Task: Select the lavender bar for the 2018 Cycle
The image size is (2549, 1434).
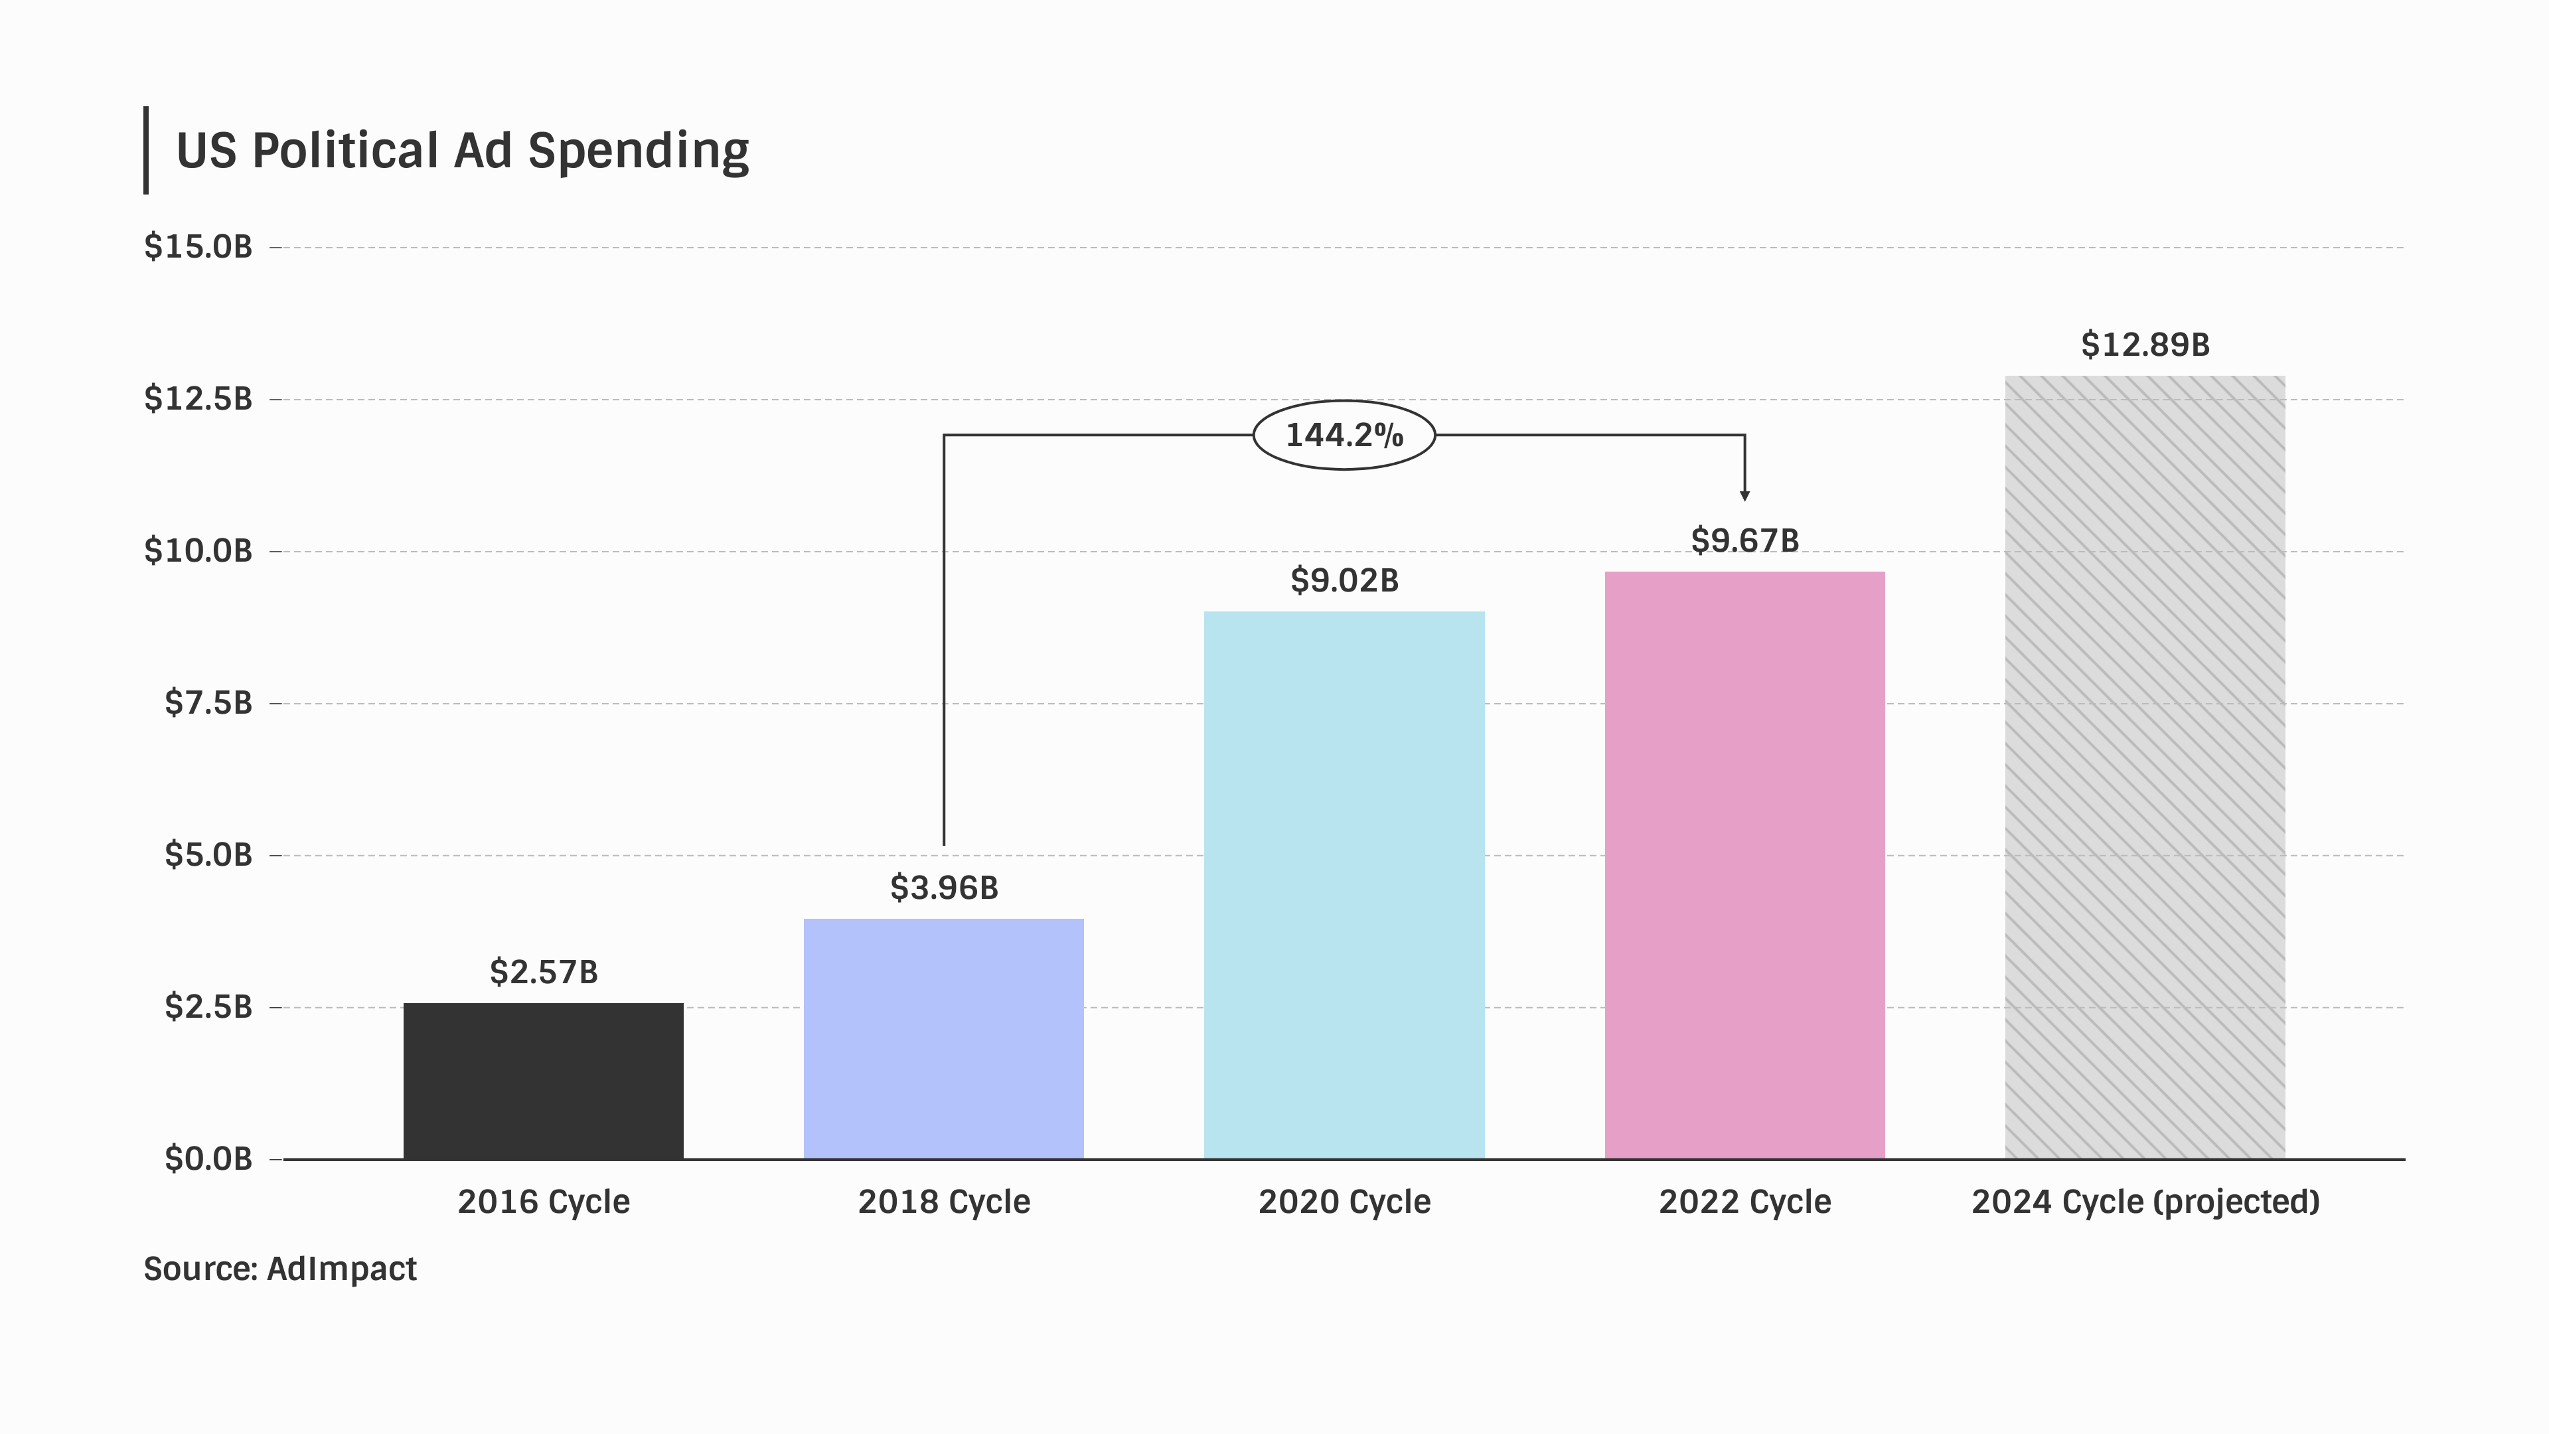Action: (943, 1038)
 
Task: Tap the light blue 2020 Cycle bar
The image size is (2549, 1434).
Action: (1344, 885)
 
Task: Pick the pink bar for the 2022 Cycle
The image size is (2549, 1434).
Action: (1744, 865)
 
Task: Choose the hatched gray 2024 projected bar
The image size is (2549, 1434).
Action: (2144, 767)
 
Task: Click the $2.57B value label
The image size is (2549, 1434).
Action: (543, 972)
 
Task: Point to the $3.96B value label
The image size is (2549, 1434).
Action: (944, 888)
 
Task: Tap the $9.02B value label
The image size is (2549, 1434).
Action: (1344, 581)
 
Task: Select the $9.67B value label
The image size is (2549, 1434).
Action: (1744, 540)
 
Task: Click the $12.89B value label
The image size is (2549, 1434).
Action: (2144, 345)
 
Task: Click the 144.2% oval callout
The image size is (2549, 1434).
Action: (1344, 434)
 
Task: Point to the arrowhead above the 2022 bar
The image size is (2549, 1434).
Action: (1744, 495)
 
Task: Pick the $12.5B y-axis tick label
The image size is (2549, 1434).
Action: (198, 399)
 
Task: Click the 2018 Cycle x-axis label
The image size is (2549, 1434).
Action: (944, 1202)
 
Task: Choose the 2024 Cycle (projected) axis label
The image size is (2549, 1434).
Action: (2144, 1202)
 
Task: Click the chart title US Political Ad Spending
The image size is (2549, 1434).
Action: (462, 151)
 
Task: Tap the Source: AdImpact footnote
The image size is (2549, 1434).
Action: (280, 1269)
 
